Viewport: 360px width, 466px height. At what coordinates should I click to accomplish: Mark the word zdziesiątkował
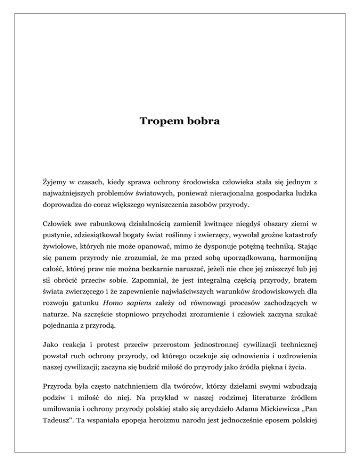pyautogui.click(x=100, y=236)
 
